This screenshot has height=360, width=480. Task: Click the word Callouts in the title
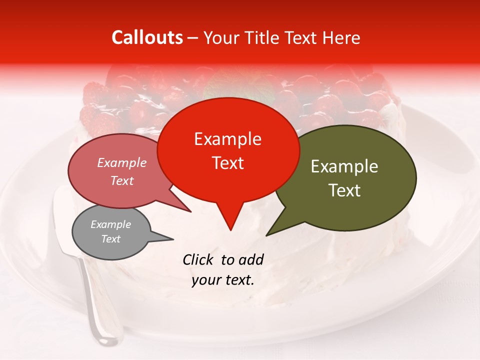click(x=147, y=37)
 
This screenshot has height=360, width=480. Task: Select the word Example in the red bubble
click(x=227, y=139)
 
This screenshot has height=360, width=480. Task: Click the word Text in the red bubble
click(x=227, y=163)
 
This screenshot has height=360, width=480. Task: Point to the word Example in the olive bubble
click(x=344, y=166)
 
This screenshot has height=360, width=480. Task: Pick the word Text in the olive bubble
click(x=344, y=190)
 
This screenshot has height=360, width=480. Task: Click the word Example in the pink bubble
click(x=121, y=162)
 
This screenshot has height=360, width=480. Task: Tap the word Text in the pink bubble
click(x=122, y=180)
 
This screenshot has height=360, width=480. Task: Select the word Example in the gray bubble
click(x=110, y=224)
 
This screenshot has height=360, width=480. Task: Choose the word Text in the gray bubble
click(x=110, y=239)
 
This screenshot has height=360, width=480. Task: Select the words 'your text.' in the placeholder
click(x=223, y=280)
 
